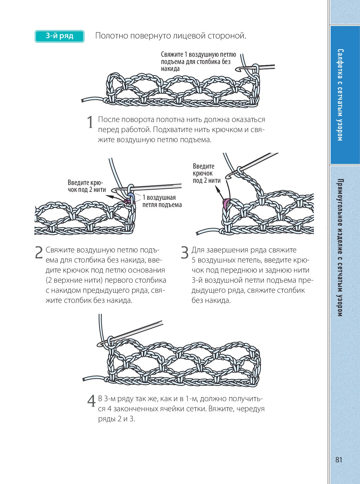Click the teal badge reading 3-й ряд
pos(59,36)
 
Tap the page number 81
pos(339,460)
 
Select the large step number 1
pos(90,122)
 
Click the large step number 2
pos(38,252)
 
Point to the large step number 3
pos(185,252)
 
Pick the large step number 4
pos(91,401)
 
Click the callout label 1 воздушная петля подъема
pos(162,201)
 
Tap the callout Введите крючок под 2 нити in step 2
pos(86,186)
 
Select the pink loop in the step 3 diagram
pos(226,203)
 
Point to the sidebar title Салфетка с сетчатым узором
pos(340,95)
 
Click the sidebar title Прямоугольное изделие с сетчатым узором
pos(340,247)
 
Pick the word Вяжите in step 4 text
pos(222,409)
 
